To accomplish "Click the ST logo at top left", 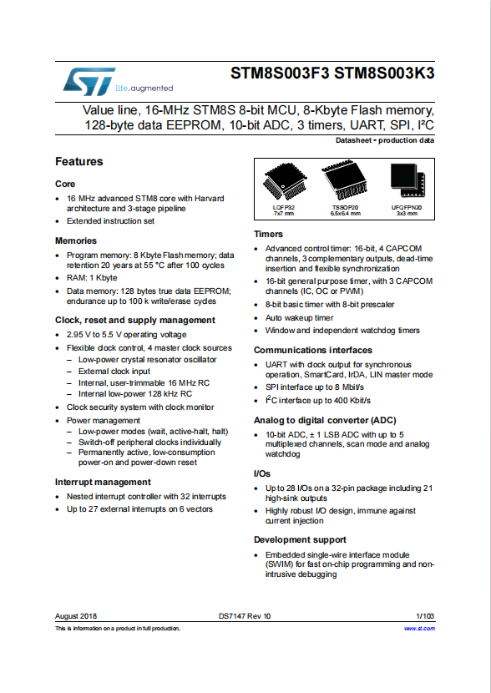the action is pyautogui.click(x=89, y=82).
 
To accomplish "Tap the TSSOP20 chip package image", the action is pyautogui.click(x=345, y=180).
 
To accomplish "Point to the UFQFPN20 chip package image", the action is pyautogui.click(x=407, y=180).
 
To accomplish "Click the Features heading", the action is pyautogui.click(x=79, y=162).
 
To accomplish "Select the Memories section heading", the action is pyautogui.click(x=76, y=240).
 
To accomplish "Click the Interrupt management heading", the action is pyautogui.click(x=103, y=483).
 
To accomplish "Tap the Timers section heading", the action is pyautogui.click(x=268, y=235).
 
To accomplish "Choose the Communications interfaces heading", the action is pyautogui.click(x=313, y=350).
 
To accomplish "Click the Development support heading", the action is pyautogui.click(x=300, y=539).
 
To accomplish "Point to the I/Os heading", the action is pyautogui.click(x=262, y=473).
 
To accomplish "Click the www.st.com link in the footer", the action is pyautogui.click(x=419, y=629).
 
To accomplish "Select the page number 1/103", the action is pyautogui.click(x=425, y=616).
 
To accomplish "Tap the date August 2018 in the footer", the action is pyautogui.click(x=76, y=616).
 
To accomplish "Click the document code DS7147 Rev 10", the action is pyautogui.click(x=245, y=616).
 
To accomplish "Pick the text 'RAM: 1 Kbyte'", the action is pyautogui.click(x=92, y=278).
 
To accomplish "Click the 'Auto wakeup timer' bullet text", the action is pyautogui.click(x=299, y=318).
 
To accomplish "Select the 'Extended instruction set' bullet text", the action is pyautogui.click(x=110, y=221).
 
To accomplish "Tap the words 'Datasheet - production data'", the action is pyautogui.click(x=385, y=140).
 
